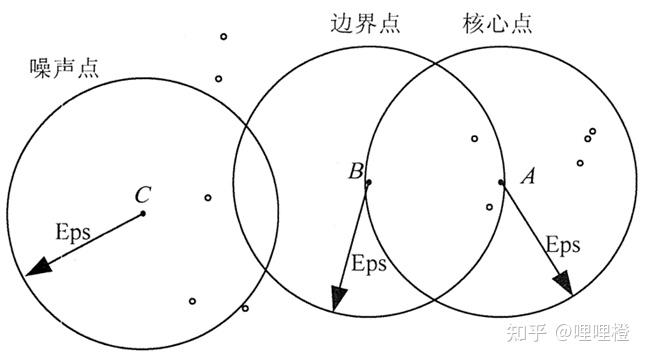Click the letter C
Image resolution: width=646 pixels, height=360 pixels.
tap(143, 193)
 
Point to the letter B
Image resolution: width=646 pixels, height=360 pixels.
tap(355, 172)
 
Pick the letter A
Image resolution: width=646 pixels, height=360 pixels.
tap(529, 177)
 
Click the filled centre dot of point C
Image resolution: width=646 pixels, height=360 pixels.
tap(143, 212)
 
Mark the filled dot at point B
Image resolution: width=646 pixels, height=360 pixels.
tap(369, 182)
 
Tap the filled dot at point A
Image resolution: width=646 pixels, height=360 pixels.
tap(501, 182)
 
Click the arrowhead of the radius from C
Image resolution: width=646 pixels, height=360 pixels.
tap(37, 267)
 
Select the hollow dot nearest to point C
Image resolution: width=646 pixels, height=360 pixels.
tap(208, 198)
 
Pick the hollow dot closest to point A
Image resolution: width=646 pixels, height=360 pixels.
tap(489, 207)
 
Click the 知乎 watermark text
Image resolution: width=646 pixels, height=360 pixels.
tap(526, 329)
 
